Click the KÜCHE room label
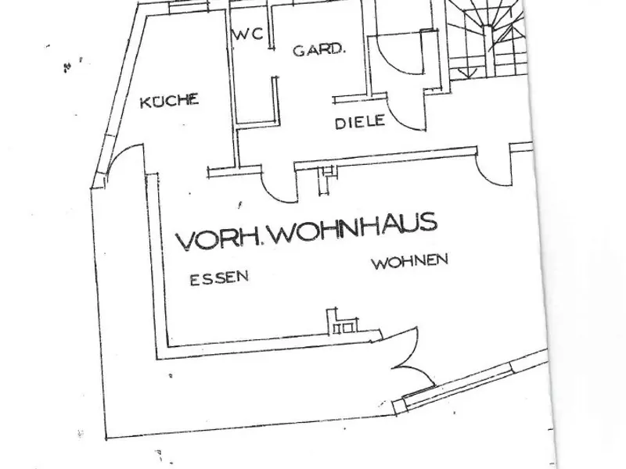coord(169,101)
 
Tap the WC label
coord(248,34)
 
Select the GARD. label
coord(318,50)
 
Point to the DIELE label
coord(360,122)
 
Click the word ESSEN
coord(219,278)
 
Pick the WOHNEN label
coord(410,262)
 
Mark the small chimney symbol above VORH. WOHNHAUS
coord(326,180)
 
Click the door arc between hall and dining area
coord(277,191)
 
